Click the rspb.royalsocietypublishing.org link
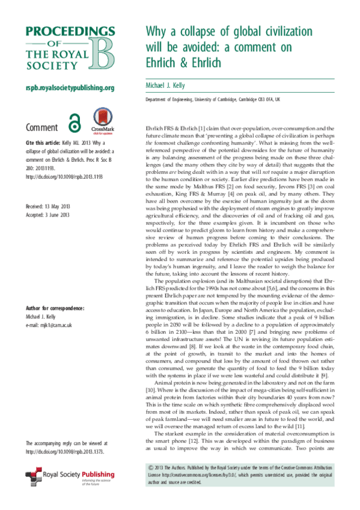(x=70, y=88)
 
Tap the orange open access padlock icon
(x=75, y=121)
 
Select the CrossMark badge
(x=101, y=120)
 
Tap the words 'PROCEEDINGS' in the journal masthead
(x=69, y=31)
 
